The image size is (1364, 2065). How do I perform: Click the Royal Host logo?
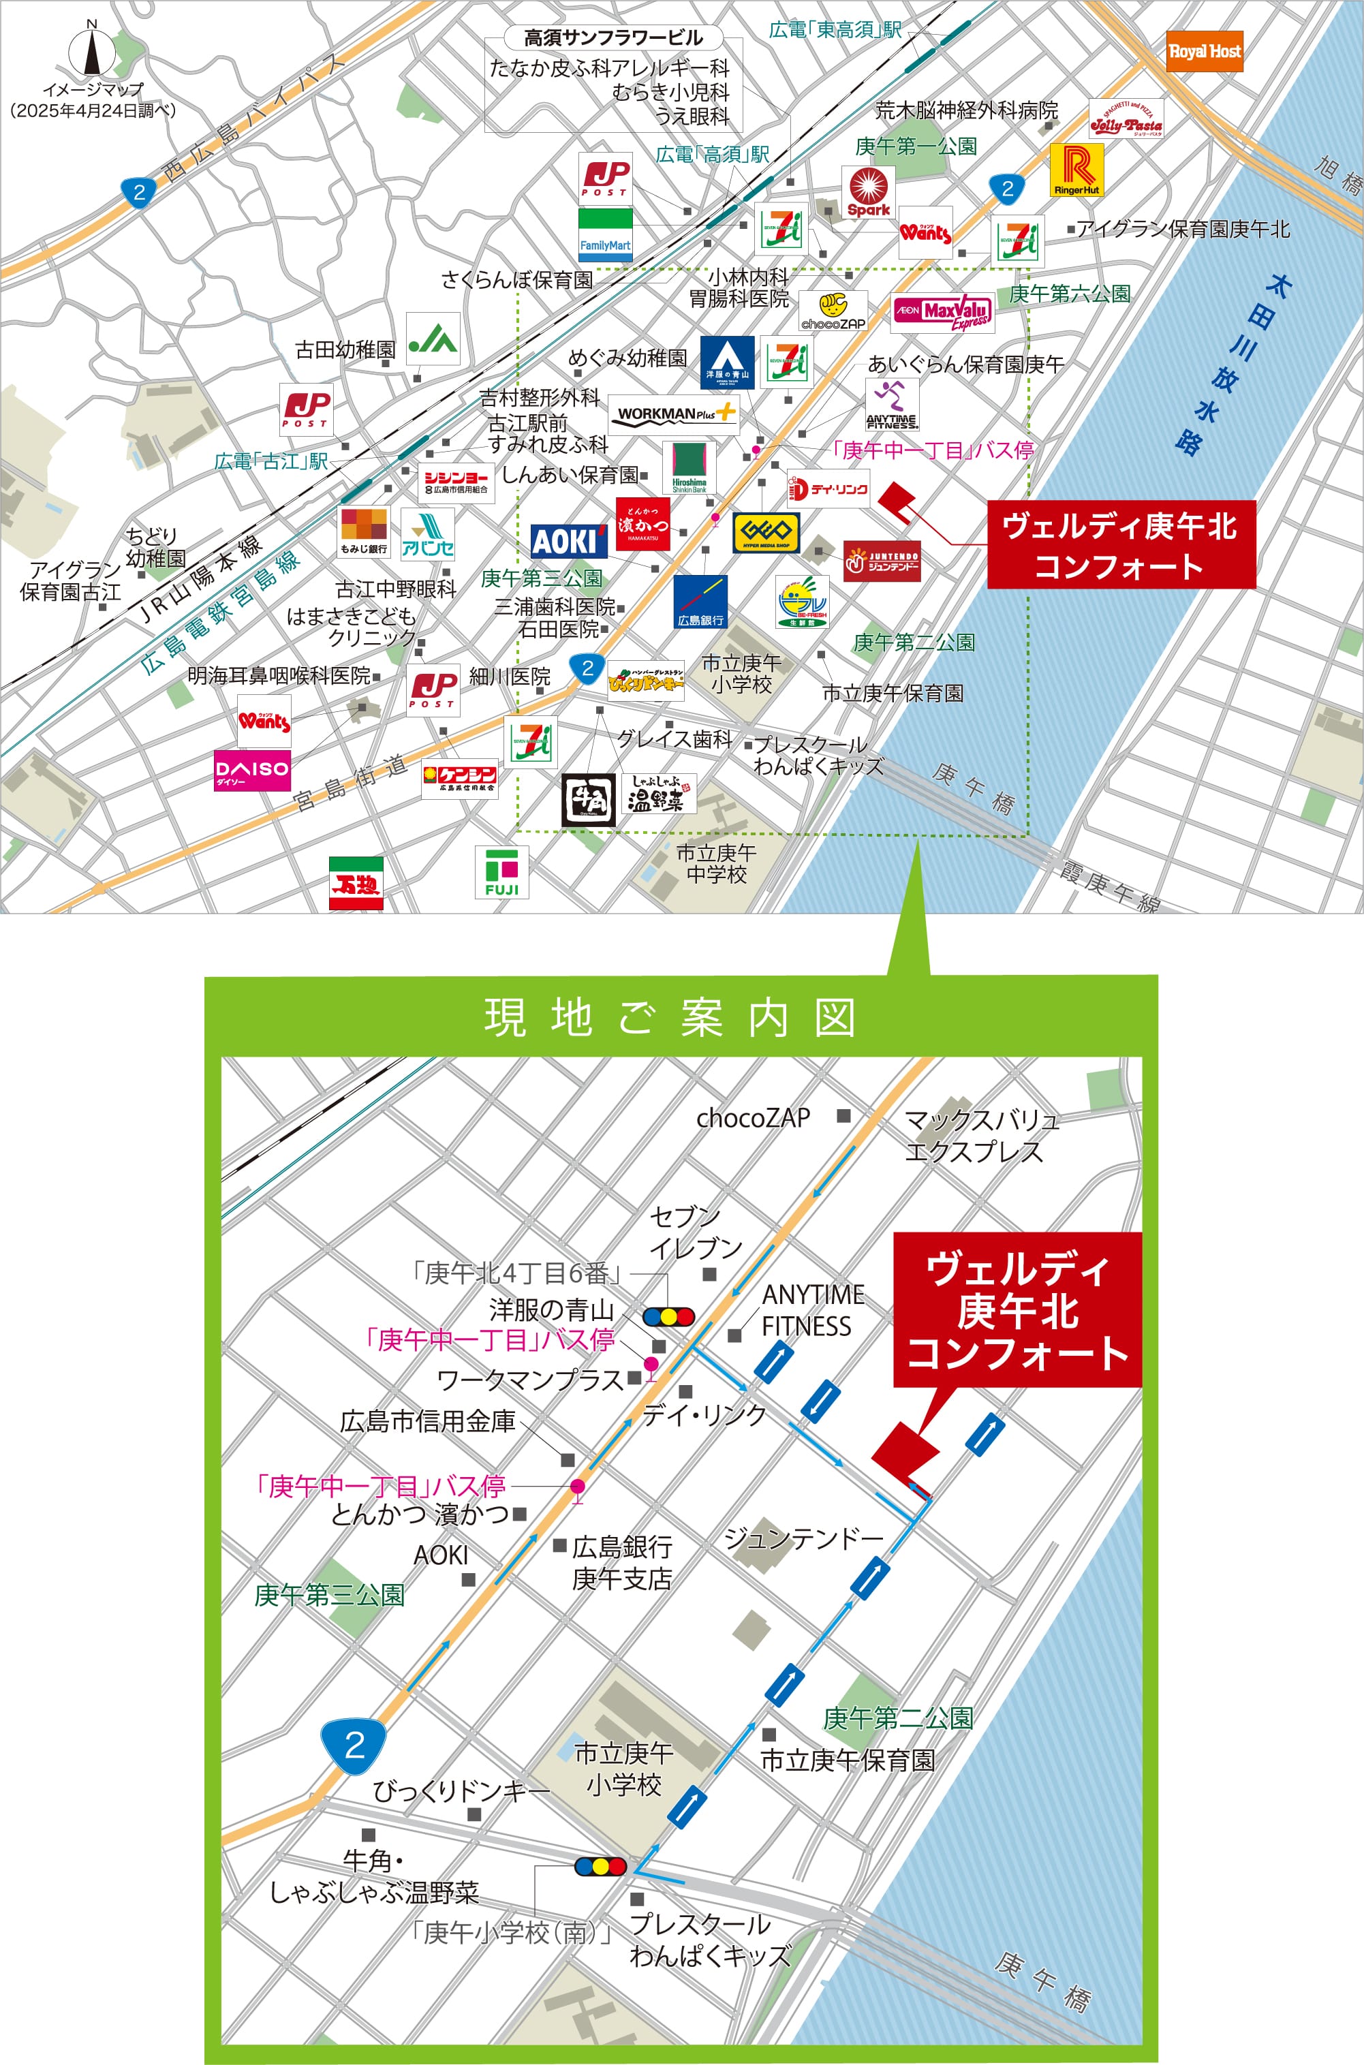tap(1204, 51)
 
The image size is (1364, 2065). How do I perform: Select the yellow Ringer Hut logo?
tap(1077, 170)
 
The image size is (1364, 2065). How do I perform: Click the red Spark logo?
tap(868, 191)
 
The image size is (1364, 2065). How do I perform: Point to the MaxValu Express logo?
tap(943, 312)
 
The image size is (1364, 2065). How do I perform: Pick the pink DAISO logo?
tap(252, 770)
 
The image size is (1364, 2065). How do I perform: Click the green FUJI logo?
tap(502, 873)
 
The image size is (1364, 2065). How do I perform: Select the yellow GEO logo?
tap(766, 531)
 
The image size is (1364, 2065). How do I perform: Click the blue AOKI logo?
tap(568, 541)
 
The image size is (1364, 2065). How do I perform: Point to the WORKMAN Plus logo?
tap(673, 414)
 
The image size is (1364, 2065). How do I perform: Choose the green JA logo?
tap(433, 339)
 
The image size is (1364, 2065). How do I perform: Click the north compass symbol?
tap(92, 51)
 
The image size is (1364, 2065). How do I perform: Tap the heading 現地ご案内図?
tap(669, 1017)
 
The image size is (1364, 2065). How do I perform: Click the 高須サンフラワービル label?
tap(613, 37)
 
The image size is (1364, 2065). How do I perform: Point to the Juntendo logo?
tap(881, 561)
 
